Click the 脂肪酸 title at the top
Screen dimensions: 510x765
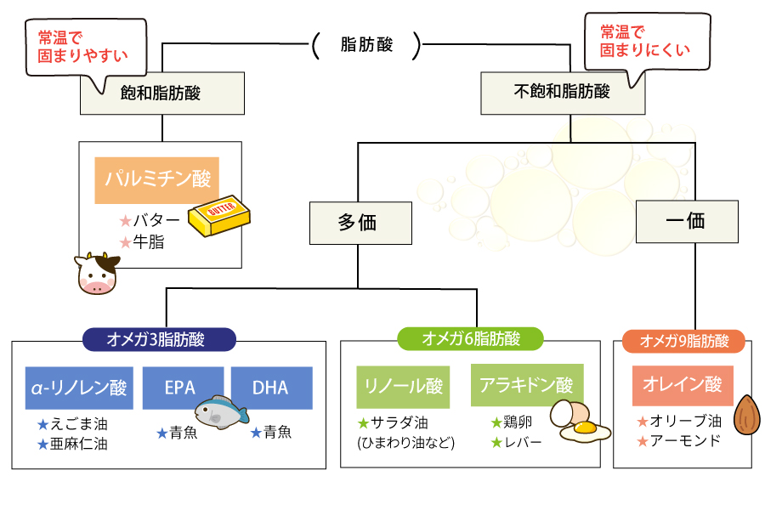pos(366,45)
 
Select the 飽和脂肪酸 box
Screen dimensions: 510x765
pos(162,93)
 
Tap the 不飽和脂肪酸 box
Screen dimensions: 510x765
pos(563,93)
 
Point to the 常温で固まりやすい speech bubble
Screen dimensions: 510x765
pos(82,46)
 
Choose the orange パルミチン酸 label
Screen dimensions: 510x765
pos(157,179)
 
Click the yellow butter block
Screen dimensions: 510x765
pos(220,218)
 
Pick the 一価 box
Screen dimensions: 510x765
pos(686,223)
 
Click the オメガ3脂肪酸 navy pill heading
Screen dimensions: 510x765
pos(157,339)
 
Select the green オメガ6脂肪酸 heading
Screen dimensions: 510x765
pos(471,339)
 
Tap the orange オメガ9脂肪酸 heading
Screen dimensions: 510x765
pos(683,341)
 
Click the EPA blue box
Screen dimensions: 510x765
pos(181,388)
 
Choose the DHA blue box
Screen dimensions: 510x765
pos(270,388)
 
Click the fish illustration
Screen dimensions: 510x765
pos(219,413)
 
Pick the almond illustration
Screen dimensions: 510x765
pos(746,416)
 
